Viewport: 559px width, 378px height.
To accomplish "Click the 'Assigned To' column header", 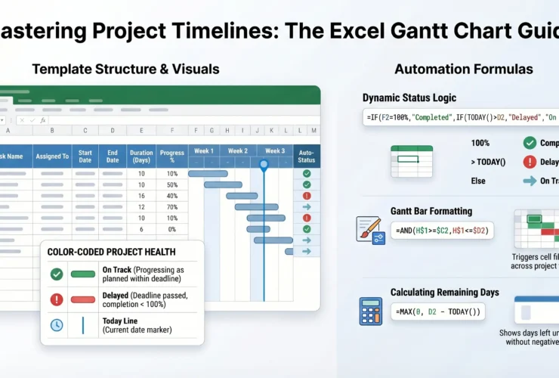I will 52,156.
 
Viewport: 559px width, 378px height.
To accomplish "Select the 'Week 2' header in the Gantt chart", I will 238,150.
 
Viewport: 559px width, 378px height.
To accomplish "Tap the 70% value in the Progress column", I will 172,206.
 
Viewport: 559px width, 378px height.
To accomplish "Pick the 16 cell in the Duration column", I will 141,195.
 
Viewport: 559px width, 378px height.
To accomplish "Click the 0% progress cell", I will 172,228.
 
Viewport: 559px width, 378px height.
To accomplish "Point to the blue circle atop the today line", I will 264,163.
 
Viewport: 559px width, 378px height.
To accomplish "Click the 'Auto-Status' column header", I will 307,156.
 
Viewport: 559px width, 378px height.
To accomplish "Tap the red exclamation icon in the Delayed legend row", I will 57,299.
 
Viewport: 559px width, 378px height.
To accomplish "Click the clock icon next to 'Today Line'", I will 57,325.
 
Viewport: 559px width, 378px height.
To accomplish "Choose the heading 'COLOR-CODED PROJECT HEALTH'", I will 111,252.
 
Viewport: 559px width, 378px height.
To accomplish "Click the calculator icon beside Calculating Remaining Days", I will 370,311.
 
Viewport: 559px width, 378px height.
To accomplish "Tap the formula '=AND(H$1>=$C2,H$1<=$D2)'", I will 443,230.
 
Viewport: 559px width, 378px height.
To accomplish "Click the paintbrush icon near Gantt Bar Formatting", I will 369,229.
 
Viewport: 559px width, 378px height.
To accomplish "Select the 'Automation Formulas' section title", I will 463,69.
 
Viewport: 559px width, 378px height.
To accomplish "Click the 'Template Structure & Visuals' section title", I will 125,69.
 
